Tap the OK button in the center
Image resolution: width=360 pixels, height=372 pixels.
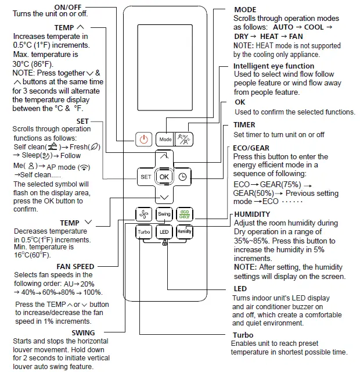click(x=164, y=177)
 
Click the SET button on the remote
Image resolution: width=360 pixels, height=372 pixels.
click(x=145, y=177)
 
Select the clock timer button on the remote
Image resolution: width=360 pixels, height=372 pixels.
click(x=182, y=177)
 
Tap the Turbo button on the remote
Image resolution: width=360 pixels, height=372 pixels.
click(x=144, y=232)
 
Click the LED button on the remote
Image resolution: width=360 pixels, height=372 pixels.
click(x=164, y=232)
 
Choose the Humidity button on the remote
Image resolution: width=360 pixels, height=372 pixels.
click(x=184, y=232)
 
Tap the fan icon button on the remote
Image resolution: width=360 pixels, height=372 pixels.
click(x=144, y=214)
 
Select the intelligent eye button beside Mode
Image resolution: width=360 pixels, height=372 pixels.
click(x=184, y=139)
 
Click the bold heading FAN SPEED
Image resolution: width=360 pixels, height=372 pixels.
click(x=75, y=266)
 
